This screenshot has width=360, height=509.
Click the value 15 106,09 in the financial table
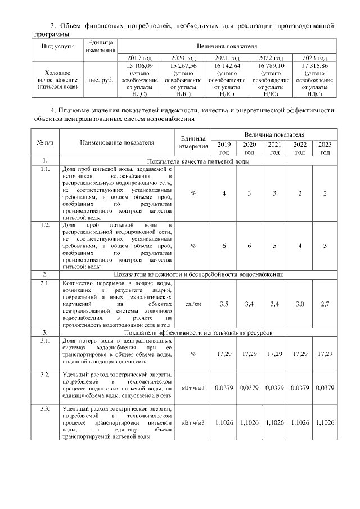[x=140, y=66]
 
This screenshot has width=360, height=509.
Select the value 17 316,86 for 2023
[x=315, y=66]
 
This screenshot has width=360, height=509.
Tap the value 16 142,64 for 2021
[x=228, y=66]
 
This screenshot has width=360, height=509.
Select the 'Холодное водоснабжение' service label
[x=58, y=80]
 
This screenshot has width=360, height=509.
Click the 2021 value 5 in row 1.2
[x=274, y=245]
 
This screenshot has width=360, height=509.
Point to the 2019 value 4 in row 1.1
[x=224, y=193]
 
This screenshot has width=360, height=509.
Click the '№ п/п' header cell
[x=46, y=143]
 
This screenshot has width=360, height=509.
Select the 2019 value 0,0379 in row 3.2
[x=224, y=387]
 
